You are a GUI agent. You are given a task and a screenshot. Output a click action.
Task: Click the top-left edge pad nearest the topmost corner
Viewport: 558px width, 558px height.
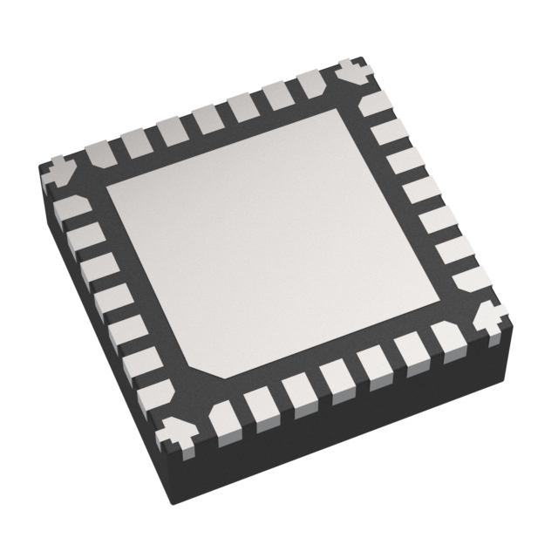click(x=313, y=86)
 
